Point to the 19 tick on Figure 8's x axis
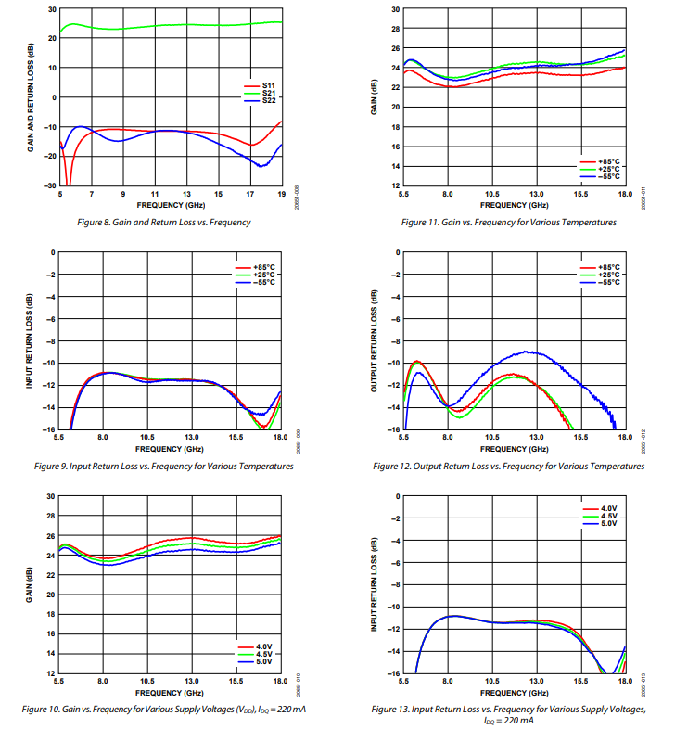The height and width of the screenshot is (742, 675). (281, 194)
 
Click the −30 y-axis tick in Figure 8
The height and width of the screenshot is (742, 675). (51, 185)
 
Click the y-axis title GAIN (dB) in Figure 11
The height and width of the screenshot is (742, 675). (376, 97)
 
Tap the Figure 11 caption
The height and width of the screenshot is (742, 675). (508, 223)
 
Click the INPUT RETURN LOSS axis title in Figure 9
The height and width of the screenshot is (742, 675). (30, 340)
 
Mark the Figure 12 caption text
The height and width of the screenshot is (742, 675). (508, 466)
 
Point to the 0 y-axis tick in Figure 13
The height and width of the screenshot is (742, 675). (398, 496)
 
